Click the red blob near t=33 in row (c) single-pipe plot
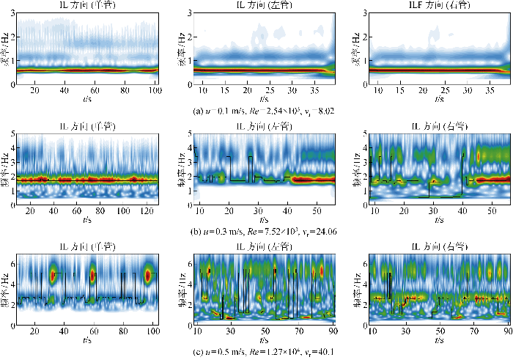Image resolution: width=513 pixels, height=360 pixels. pyautogui.click(x=53, y=276)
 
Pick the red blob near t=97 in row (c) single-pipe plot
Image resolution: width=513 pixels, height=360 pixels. pyautogui.click(x=148, y=276)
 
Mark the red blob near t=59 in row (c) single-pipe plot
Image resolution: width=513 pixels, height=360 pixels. pyautogui.click(x=92, y=276)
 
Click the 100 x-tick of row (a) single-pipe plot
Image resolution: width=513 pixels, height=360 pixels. pyautogui.click(x=152, y=90)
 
